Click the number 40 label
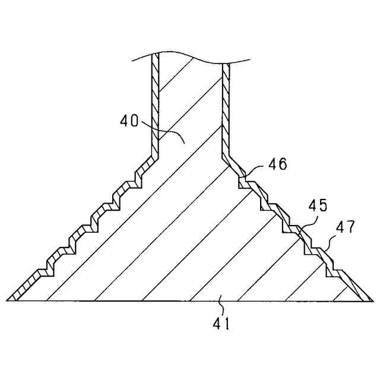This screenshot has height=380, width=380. pyautogui.click(x=129, y=122)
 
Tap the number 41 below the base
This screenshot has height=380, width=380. pyautogui.click(x=221, y=324)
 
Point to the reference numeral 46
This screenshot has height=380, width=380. pyautogui.click(x=276, y=164)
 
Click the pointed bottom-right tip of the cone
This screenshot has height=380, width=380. pyautogui.click(x=368, y=300)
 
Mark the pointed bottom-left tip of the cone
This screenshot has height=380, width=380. pyautogui.click(x=8, y=300)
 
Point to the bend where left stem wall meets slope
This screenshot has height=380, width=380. pyautogui.click(x=156, y=156)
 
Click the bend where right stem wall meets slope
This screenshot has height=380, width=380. pyautogui.click(x=226, y=156)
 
